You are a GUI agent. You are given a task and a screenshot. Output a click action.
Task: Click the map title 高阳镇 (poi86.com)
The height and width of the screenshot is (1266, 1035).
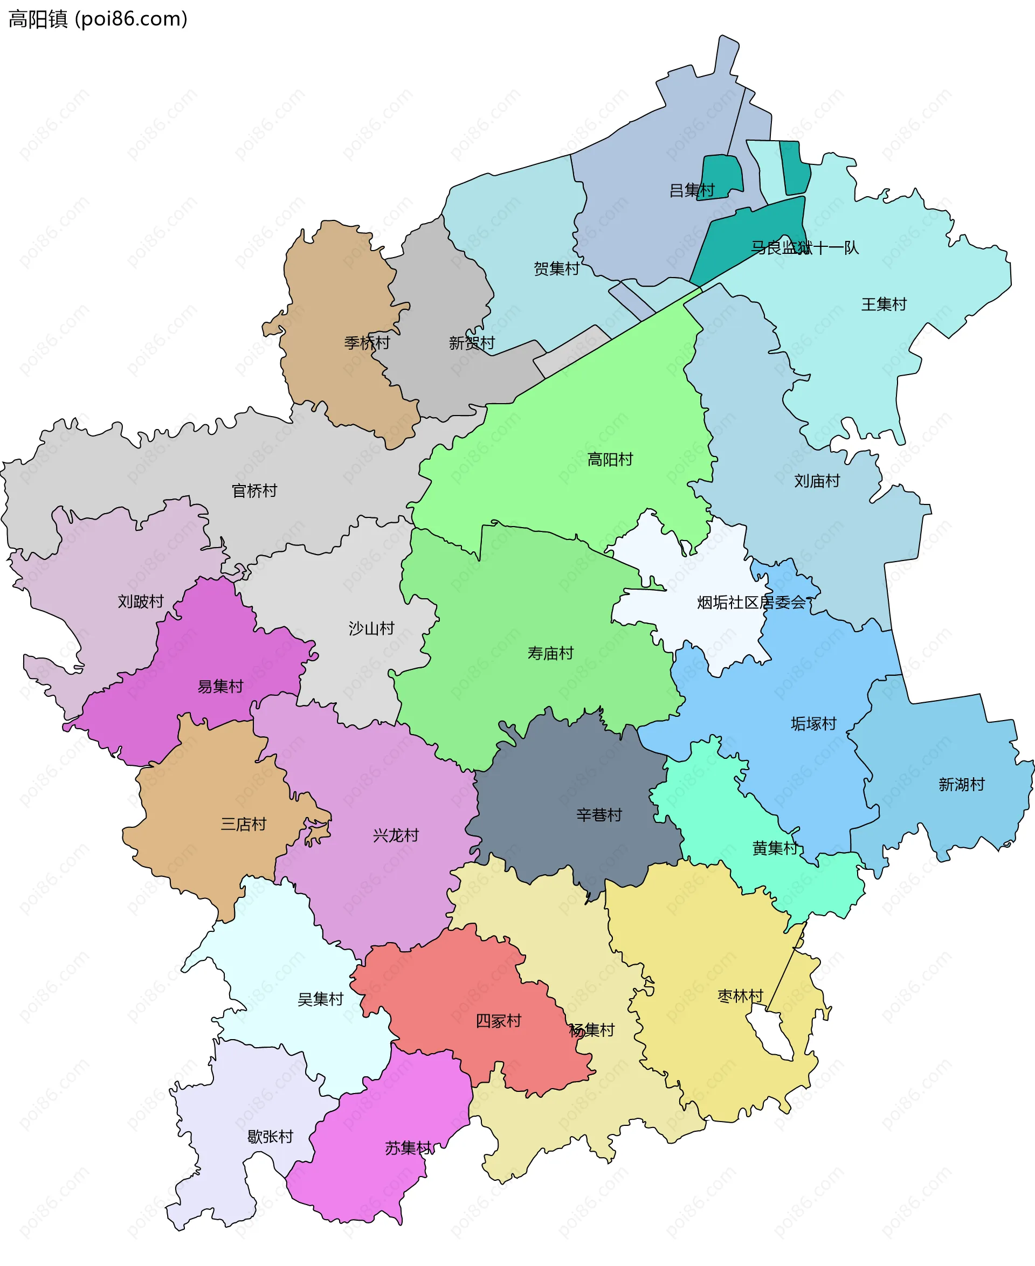tap(98, 19)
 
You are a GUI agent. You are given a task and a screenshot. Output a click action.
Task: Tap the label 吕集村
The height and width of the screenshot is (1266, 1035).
tap(692, 190)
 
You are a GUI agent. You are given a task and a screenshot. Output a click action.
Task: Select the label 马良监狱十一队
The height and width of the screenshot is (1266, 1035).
tap(804, 247)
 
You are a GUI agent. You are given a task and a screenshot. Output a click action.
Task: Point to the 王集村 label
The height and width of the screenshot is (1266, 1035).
tap(884, 305)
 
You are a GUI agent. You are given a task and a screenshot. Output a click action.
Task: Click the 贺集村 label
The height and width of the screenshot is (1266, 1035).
tap(556, 269)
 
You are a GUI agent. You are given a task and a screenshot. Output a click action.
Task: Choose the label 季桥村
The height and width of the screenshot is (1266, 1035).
tap(367, 343)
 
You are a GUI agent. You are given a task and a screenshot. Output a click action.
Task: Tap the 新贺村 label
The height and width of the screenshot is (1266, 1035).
tap(472, 343)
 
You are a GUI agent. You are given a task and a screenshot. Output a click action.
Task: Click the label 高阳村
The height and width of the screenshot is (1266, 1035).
tap(610, 460)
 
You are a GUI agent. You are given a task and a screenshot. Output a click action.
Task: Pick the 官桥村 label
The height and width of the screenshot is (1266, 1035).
tap(254, 490)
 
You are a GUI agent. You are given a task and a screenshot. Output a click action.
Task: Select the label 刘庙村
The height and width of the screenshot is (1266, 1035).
tap(817, 481)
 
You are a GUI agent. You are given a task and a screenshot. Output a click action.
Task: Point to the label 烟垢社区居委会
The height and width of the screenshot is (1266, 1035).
tap(751, 603)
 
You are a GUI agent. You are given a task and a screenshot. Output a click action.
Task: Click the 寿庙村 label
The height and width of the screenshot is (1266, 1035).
tap(550, 653)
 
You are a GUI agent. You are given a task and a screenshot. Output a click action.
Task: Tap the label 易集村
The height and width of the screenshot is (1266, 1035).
tap(220, 687)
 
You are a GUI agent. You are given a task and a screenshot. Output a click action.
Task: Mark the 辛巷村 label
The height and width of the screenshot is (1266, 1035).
tap(599, 815)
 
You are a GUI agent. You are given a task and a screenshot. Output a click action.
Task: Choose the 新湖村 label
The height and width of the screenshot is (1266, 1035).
tap(961, 784)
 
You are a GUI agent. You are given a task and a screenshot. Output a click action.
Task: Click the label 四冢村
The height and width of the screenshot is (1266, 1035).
tap(499, 1021)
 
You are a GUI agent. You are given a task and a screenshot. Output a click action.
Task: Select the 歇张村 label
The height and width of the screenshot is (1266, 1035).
tap(270, 1137)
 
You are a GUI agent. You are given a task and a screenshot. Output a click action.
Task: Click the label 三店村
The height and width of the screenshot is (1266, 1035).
tap(243, 825)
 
